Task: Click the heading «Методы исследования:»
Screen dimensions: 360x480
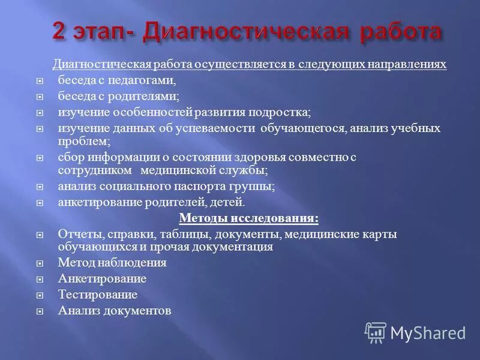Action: tap(249, 218)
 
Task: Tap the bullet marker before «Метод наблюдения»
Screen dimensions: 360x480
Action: tap(40, 263)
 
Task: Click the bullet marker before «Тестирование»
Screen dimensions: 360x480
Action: tap(40, 295)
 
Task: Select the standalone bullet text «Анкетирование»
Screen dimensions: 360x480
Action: tap(102, 279)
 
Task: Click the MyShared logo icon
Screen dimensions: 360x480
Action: tap(376, 332)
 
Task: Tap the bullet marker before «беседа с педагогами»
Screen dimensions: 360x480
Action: tap(40, 80)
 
